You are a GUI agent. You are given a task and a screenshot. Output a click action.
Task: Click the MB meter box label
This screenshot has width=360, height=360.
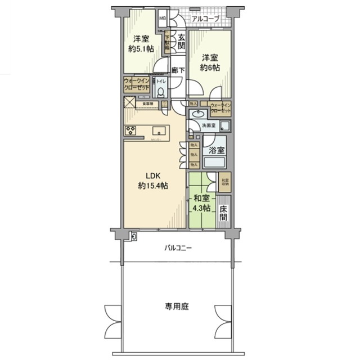(x=163, y=19)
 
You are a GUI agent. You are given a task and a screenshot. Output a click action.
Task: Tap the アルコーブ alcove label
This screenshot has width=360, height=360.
(x=205, y=19)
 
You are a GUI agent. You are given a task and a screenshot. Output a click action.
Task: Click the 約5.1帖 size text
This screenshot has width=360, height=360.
(x=141, y=49)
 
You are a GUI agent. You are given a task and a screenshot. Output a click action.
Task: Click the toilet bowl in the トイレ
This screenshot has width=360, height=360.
(x=161, y=92)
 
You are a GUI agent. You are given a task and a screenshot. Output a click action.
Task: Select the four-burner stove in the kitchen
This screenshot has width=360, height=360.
(x=131, y=131)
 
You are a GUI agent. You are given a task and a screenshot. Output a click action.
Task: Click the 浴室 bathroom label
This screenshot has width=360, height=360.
(x=216, y=150)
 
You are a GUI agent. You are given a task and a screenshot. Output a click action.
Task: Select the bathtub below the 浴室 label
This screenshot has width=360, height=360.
(x=215, y=163)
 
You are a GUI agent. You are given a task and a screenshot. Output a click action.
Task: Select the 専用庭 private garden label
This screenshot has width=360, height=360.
(x=176, y=307)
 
